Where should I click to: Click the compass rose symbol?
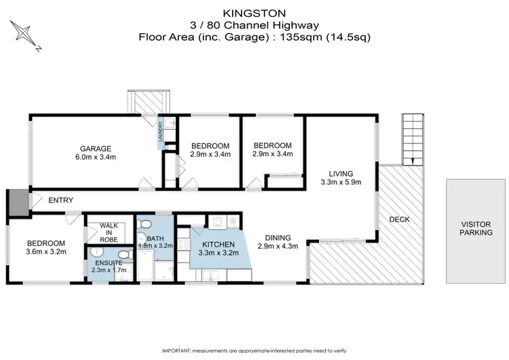click(24, 35)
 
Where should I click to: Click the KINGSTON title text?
click(255, 12)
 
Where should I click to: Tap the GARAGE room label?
click(95, 149)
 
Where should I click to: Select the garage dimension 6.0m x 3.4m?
click(95, 158)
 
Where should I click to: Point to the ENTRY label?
click(60, 200)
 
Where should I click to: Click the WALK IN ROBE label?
click(109, 232)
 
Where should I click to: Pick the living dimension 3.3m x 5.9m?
click(341, 181)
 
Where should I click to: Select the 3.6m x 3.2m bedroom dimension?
click(45, 253)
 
